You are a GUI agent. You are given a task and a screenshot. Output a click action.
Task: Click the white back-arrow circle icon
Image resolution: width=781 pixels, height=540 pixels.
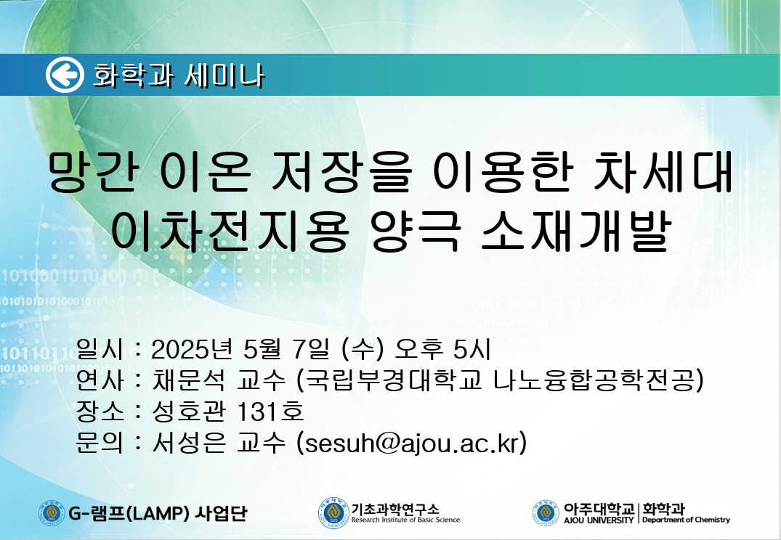[x=65, y=75]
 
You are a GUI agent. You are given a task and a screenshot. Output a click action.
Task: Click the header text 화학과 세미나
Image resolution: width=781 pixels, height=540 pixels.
[x=178, y=75]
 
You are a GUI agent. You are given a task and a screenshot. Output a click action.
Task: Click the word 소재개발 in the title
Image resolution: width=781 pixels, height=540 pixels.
[x=575, y=230]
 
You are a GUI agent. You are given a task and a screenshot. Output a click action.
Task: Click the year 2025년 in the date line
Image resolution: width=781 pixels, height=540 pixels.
[x=192, y=349]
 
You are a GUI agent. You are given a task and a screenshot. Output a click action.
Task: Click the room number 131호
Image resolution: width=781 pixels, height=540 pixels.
[x=270, y=411]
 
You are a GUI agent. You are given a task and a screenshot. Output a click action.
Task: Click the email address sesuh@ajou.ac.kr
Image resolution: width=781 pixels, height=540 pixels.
[x=411, y=443]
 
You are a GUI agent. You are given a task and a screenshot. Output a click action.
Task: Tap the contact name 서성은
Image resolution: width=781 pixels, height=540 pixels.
[x=189, y=442]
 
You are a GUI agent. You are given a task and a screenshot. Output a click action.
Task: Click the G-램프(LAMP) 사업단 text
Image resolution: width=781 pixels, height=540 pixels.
[x=158, y=512]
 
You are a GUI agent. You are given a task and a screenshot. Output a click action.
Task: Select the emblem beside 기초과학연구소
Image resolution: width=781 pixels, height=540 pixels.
[x=333, y=514]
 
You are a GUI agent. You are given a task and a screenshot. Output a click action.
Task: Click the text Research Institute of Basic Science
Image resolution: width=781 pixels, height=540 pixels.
[x=405, y=520]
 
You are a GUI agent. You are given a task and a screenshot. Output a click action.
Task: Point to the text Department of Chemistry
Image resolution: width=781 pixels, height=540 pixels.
[x=686, y=520]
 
